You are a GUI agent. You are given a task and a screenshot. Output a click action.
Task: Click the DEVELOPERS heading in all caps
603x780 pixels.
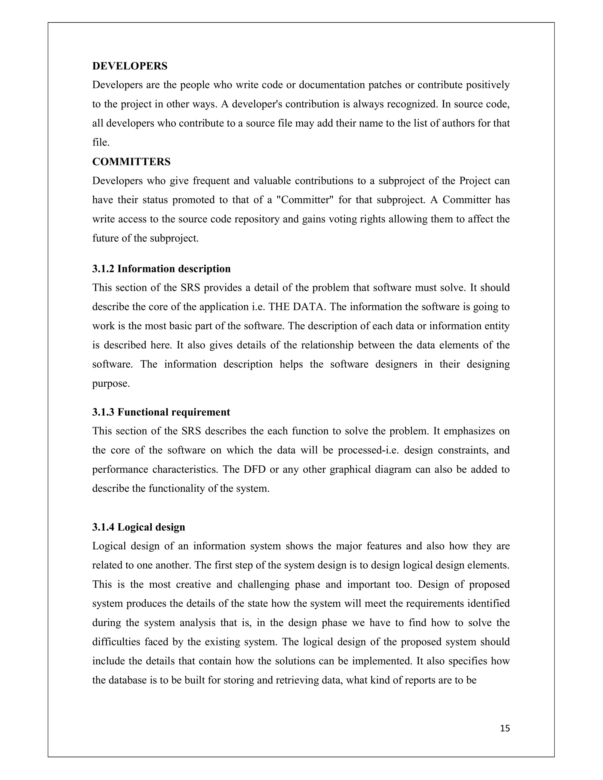(130, 66)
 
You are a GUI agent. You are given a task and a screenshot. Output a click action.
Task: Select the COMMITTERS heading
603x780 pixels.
(131, 162)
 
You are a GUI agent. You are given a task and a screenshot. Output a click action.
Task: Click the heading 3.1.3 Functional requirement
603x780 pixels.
(161, 412)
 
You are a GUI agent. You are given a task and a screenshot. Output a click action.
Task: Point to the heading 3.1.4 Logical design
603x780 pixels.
(139, 527)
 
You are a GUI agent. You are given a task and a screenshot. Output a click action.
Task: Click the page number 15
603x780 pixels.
(505, 728)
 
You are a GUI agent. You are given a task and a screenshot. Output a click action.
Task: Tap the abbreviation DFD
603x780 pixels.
(255, 469)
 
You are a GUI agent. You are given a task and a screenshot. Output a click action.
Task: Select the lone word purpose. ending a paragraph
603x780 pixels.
(111, 384)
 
